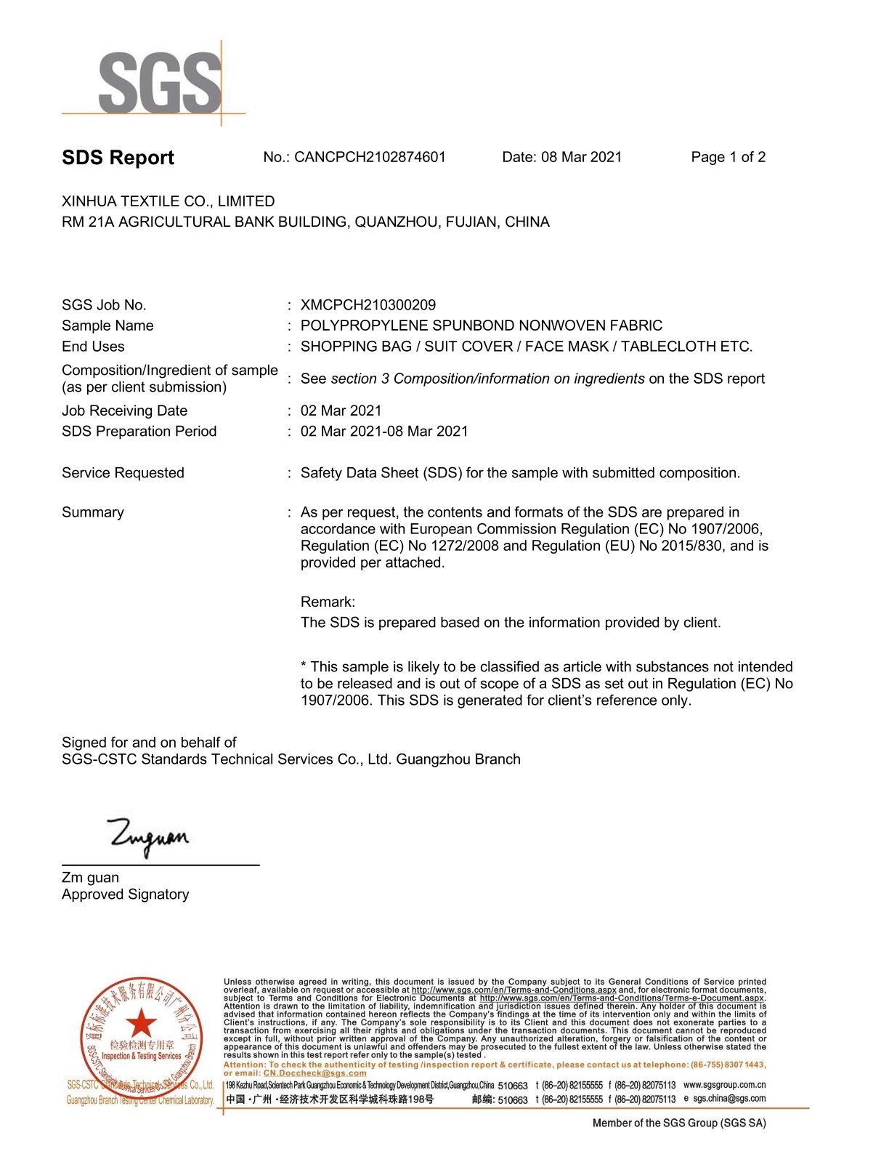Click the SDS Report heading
(x=118, y=158)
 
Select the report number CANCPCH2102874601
(x=370, y=157)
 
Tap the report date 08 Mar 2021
(x=581, y=157)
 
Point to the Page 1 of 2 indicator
(x=728, y=157)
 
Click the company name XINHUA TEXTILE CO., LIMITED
(x=169, y=201)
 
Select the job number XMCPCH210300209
(x=368, y=305)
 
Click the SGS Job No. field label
(x=104, y=305)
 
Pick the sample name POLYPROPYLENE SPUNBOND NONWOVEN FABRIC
(x=481, y=326)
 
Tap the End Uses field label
(x=93, y=347)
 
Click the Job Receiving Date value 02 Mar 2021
(x=341, y=411)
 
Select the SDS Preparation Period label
(x=139, y=432)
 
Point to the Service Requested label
(x=123, y=473)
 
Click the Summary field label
(x=93, y=512)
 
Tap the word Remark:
(x=328, y=602)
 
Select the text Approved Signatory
(x=125, y=894)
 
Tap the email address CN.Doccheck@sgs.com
(x=315, y=1073)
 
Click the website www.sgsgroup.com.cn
(x=724, y=1085)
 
